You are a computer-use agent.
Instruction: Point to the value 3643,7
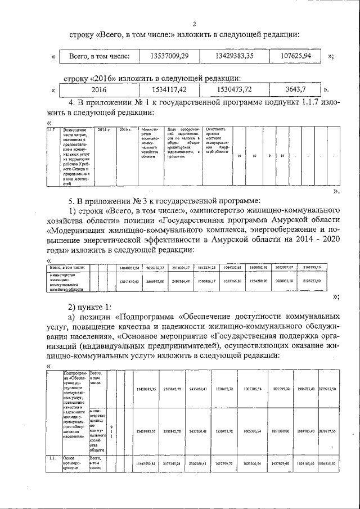(296, 89)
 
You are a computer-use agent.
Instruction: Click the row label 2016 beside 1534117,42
(99, 89)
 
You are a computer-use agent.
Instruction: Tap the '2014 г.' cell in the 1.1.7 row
(103, 130)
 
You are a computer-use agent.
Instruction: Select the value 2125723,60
(327, 280)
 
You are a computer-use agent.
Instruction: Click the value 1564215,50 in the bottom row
(328, 464)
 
